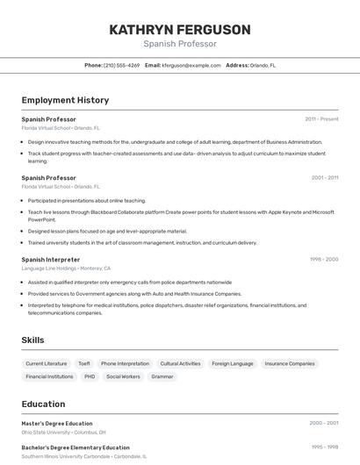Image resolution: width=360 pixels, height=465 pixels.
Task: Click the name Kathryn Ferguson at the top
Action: (x=180, y=30)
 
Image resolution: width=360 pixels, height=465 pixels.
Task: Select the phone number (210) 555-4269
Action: (x=121, y=65)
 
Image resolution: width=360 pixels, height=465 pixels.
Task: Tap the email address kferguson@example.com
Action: (x=191, y=65)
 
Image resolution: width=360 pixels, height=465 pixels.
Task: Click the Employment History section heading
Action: (x=65, y=101)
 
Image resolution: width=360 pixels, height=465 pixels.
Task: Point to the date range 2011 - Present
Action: (x=321, y=118)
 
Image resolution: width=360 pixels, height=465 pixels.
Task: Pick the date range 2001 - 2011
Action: (x=324, y=177)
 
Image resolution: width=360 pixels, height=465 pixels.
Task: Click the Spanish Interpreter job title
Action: (x=51, y=260)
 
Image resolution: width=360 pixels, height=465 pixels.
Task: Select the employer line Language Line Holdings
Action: (x=66, y=268)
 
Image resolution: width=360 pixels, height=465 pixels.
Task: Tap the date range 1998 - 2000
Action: (x=323, y=260)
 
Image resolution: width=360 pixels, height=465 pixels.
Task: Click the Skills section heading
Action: (x=32, y=340)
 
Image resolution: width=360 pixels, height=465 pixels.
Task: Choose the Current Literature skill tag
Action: (x=47, y=363)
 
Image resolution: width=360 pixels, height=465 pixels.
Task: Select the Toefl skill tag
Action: (x=84, y=363)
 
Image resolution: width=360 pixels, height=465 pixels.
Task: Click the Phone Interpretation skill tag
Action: (x=125, y=363)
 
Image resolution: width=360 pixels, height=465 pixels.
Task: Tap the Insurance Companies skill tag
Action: (x=290, y=363)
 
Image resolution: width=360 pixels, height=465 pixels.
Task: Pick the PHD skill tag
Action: (x=90, y=376)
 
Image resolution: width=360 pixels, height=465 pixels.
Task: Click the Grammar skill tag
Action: (x=162, y=376)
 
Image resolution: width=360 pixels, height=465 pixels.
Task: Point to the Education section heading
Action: (x=43, y=404)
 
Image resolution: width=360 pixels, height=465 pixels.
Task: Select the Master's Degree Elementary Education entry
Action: (x=57, y=424)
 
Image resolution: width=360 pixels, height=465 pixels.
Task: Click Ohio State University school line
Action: (x=63, y=433)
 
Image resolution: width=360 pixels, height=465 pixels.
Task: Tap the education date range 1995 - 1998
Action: (x=324, y=447)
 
